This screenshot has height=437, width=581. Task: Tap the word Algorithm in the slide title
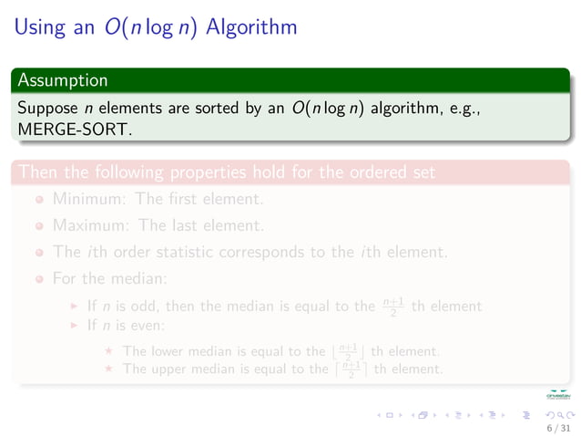(x=251, y=28)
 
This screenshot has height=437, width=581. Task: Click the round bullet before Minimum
(x=40, y=198)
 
